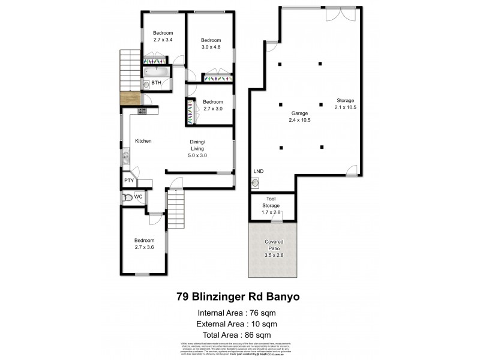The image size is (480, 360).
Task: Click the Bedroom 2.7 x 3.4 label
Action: point(162,36)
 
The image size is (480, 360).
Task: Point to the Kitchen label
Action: point(143,141)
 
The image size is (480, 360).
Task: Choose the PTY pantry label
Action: point(128,181)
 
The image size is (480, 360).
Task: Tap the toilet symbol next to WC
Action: point(127,197)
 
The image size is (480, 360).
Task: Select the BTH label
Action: point(156,83)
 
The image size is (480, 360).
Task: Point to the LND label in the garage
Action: point(259,172)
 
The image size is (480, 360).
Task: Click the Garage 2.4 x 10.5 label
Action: point(300,116)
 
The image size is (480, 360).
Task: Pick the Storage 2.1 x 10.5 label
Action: point(346,104)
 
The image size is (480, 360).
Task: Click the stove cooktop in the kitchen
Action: point(142,110)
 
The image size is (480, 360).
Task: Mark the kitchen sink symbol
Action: point(126,158)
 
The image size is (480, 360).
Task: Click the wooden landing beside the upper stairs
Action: point(130,99)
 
